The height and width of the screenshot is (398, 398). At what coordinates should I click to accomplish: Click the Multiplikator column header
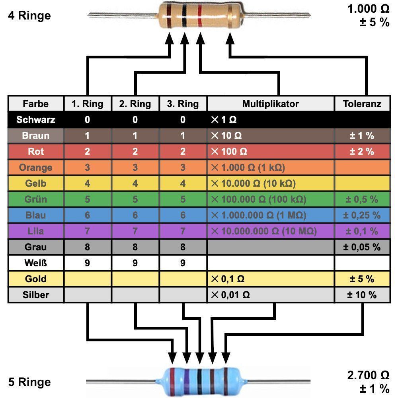pyautogui.click(x=270, y=103)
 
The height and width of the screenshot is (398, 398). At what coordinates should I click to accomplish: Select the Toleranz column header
pyautogui.click(x=362, y=103)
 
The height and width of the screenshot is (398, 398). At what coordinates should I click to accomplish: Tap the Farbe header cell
pyautogui.click(x=35, y=103)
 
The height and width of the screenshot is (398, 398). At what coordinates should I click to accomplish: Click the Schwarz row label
pyautogui.click(x=35, y=119)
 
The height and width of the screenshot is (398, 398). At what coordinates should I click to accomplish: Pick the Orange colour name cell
pyautogui.click(x=35, y=168)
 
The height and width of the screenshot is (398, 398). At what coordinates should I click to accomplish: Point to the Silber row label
pyautogui.click(x=35, y=295)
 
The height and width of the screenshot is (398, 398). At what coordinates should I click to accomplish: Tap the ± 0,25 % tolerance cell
pyautogui.click(x=362, y=215)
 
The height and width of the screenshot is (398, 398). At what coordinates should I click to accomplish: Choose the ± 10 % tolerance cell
pyautogui.click(x=362, y=295)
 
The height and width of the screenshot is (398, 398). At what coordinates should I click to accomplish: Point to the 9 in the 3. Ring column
pyautogui.click(x=183, y=263)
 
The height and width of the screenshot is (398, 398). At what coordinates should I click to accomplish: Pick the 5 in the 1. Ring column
pyautogui.click(x=87, y=199)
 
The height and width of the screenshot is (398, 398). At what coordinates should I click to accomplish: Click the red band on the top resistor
pyautogui.click(x=200, y=16)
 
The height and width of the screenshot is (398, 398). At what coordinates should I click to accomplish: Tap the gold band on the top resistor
pyautogui.click(x=230, y=16)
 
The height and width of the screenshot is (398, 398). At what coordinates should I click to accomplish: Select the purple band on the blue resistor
pyautogui.click(x=187, y=381)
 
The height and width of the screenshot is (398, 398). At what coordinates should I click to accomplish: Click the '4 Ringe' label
pyautogui.click(x=29, y=16)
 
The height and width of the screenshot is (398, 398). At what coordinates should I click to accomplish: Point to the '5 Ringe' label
pyautogui.click(x=29, y=382)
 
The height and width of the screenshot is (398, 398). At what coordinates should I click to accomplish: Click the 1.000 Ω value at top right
pyautogui.click(x=368, y=9)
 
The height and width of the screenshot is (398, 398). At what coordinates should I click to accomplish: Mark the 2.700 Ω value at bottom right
pyautogui.click(x=368, y=375)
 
